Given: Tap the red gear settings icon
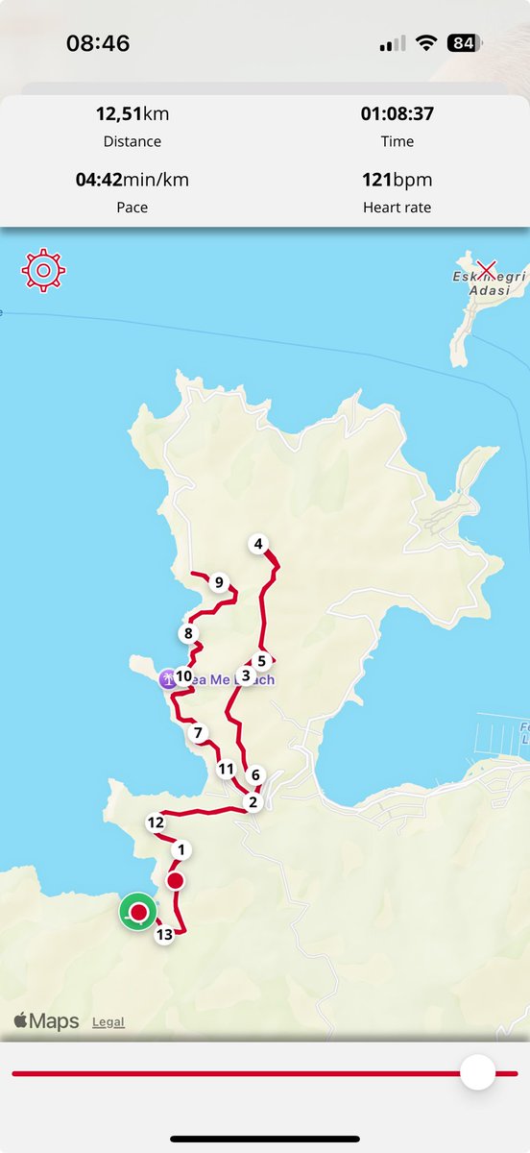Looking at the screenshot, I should point(43,271).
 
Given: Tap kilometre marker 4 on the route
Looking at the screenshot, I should point(257,545).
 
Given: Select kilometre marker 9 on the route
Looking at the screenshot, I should point(219,582).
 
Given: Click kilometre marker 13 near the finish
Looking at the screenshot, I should point(164,934).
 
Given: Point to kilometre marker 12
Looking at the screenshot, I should point(156,822).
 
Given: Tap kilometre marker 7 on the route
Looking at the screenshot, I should point(199,733).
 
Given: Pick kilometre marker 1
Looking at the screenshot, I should point(180,849).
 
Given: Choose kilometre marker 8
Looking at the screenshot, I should point(188,633).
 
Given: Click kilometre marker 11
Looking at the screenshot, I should point(227,769).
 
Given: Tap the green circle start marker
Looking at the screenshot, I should point(138,912).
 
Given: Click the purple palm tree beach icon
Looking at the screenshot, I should point(168,678).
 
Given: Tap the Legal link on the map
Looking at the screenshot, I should point(108,1021).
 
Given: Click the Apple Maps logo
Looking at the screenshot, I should point(46,1020).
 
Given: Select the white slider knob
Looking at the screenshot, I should point(477,1072).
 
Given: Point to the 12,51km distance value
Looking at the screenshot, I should point(132,114).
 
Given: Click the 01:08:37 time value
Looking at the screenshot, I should point(397,114).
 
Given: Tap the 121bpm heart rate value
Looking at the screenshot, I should point(397,180).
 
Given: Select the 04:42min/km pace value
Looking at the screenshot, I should point(132,180).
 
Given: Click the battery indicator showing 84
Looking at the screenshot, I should point(465,43).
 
